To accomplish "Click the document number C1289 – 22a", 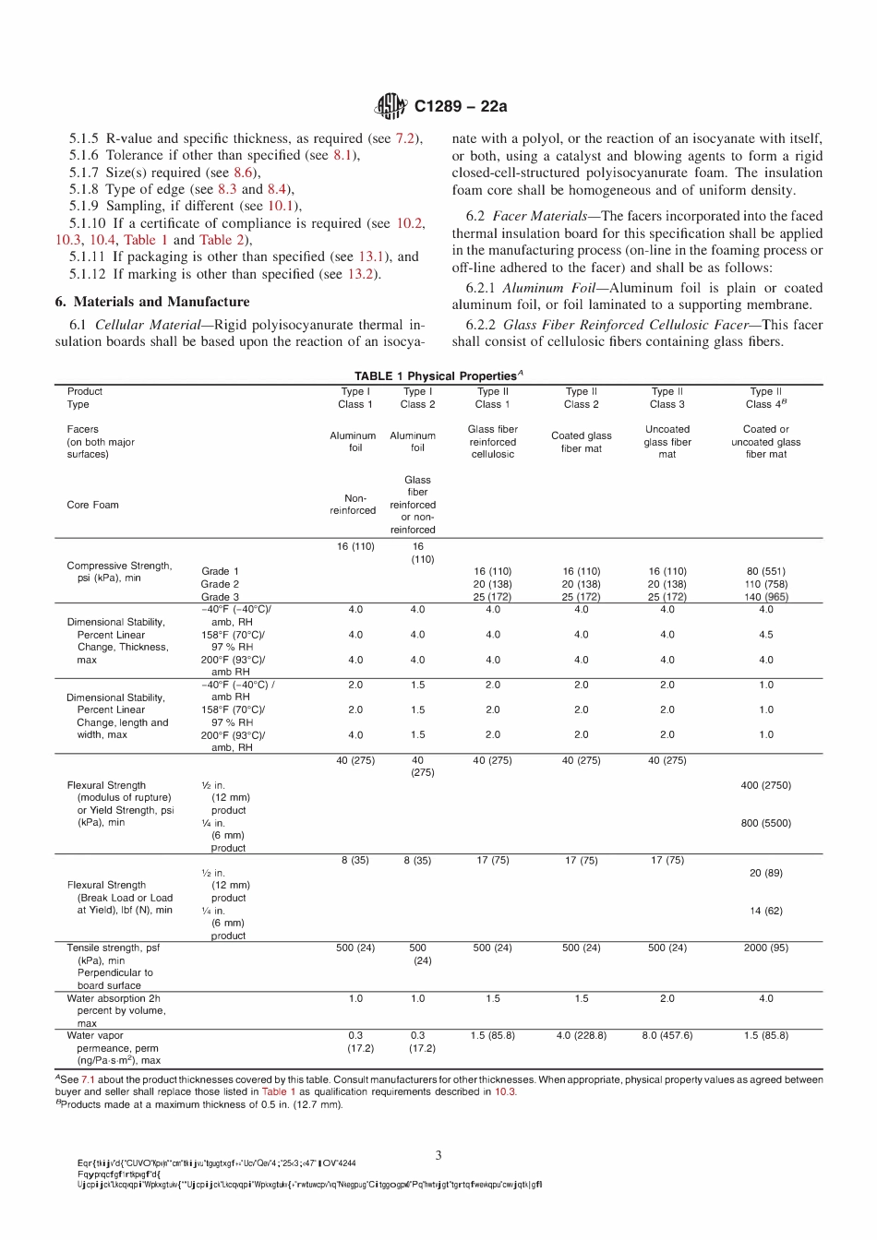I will (461, 106).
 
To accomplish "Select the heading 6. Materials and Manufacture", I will (152, 302).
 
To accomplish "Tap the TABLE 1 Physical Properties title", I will (438, 376).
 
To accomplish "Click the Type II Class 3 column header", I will (667, 398).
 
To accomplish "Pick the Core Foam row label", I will (92, 505).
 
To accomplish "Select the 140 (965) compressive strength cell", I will (765, 597).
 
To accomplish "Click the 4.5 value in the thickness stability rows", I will (765, 635).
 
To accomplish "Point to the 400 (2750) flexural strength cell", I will (765, 785).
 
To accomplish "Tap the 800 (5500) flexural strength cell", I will (765, 823).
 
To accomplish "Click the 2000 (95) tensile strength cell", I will (765, 948).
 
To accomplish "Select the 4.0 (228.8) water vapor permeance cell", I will (581, 1035).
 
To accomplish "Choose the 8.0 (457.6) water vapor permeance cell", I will (667, 1035).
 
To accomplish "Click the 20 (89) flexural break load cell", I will (765, 873).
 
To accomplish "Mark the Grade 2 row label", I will (220, 584).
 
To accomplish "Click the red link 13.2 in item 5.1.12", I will (361, 274).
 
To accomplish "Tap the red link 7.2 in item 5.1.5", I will (405, 138).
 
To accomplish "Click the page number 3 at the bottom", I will (438, 1155).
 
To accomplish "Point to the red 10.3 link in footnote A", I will (504, 1091).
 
